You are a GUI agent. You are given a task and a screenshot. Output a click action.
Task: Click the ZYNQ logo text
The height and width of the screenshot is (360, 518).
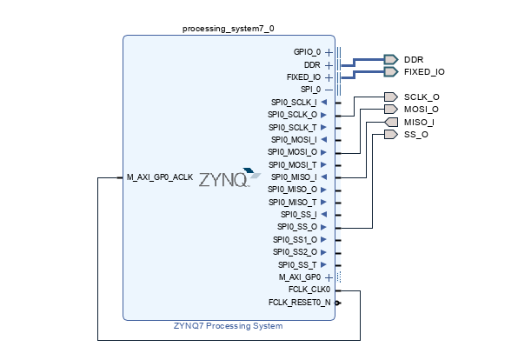tap(224, 180)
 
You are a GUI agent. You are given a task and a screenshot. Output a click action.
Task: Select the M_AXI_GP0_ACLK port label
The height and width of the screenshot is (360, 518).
tap(159, 177)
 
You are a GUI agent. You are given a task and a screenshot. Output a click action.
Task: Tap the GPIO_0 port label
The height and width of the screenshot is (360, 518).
tap(307, 52)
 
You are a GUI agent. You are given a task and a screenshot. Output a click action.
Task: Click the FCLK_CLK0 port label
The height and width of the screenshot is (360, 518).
tap(309, 290)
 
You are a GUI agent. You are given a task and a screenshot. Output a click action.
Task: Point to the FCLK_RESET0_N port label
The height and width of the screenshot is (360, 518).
tap(300, 303)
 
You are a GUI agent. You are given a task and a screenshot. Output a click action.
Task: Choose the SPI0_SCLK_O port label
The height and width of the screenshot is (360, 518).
tap(293, 114)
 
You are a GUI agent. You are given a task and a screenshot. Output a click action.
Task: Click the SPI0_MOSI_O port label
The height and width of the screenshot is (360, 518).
tap(293, 152)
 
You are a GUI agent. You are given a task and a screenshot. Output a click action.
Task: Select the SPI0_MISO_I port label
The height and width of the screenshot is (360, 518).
tap(294, 177)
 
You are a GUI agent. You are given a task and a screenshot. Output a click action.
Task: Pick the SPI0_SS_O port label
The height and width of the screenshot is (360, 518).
tap(297, 227)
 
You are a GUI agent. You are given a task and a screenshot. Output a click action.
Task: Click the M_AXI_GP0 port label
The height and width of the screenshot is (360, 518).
tap(300, 277)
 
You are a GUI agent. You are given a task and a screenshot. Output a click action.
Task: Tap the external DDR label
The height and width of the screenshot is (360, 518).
tap(413, 59)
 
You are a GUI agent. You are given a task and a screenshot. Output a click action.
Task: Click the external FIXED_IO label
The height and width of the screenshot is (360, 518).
tap(424, 71)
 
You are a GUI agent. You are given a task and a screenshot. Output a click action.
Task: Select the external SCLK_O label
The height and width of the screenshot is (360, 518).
tap(422, 97)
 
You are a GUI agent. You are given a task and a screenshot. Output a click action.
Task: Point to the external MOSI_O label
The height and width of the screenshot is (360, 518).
tap(422, 110)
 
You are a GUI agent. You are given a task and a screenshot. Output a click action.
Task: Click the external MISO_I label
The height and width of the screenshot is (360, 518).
tap(419, 122)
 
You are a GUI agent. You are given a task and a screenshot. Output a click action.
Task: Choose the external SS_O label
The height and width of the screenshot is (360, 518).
tap(415, 135)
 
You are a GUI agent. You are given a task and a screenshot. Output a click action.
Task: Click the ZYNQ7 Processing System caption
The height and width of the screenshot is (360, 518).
tap(228, 326)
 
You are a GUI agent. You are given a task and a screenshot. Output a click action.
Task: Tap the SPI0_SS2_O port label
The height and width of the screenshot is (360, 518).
tap(296, 252)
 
